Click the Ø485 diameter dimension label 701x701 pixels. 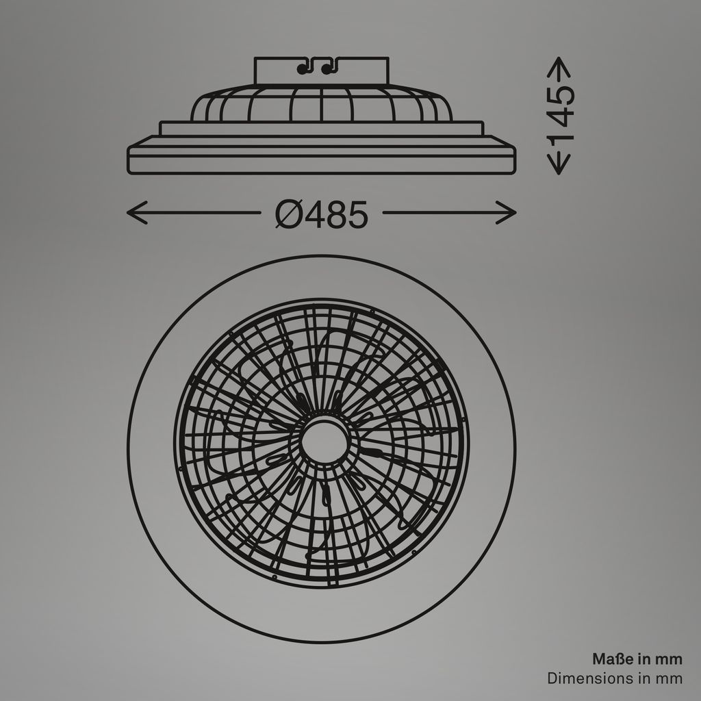322,214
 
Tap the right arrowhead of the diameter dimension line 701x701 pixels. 510,213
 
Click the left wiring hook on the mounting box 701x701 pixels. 304,67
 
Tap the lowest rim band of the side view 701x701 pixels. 322,164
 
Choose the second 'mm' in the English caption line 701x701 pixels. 670,678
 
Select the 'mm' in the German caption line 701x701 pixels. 669,659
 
